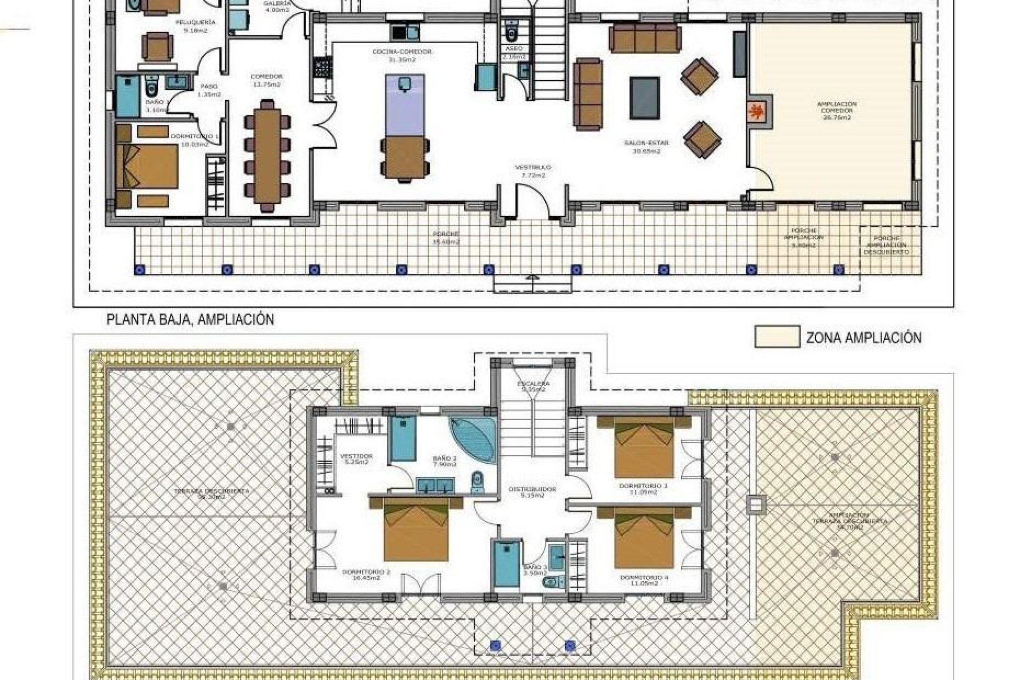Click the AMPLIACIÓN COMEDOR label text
(837, 110)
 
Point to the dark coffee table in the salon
(645, 98)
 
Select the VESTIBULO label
(533, 167)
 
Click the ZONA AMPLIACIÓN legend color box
(777, 337)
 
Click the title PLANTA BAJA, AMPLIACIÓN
(190, 320)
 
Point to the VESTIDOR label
(356, 456)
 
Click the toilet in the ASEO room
(512, 33)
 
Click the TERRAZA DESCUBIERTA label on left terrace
(211, 491)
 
